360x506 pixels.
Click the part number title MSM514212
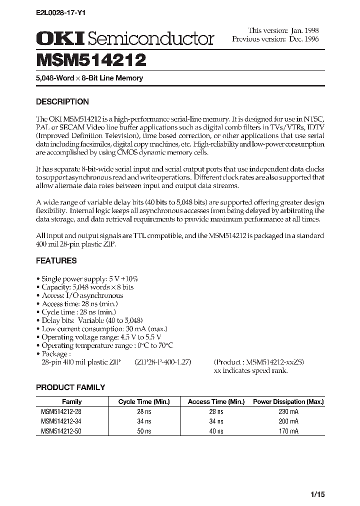[91, 60]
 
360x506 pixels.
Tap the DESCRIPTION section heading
[62, 101]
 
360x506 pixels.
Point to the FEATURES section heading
[56, 260]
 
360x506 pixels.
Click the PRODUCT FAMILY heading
[70, 387]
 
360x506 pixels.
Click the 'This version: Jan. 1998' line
[283, 30]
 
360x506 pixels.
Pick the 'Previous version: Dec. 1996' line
[275, 38]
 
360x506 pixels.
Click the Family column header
[71, 401]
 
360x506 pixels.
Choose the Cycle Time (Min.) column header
[144, 401]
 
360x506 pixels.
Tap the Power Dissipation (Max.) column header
[288, 401]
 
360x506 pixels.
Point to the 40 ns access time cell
[216, 431]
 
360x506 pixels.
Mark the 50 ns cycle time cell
[144, 431]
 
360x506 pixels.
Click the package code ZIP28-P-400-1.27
[162, 361]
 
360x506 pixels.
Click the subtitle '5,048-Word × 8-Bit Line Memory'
[89, 78]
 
